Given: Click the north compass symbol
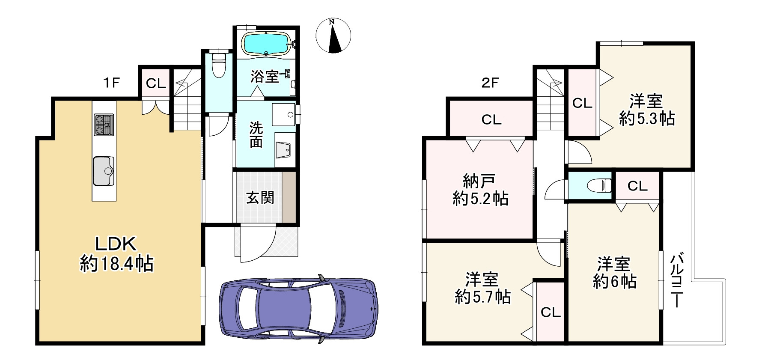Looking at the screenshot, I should point(333,36).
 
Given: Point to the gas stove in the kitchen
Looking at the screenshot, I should point(104,124).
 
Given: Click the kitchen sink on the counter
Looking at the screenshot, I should point(103,171).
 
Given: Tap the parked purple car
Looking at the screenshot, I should point(298,309).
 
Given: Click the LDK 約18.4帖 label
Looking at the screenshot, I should point(116,254).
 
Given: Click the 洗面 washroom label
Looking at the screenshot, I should point(256,134).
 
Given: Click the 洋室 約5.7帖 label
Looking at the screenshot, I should point(482,288).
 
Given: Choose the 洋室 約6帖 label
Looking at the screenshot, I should point(614,273).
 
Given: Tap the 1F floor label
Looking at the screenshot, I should point(111,83).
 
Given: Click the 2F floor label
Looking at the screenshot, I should point(490,83).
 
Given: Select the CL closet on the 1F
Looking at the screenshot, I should point(155,83).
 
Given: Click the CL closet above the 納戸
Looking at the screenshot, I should point(491,119).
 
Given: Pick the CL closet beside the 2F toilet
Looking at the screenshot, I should point(637,186).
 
